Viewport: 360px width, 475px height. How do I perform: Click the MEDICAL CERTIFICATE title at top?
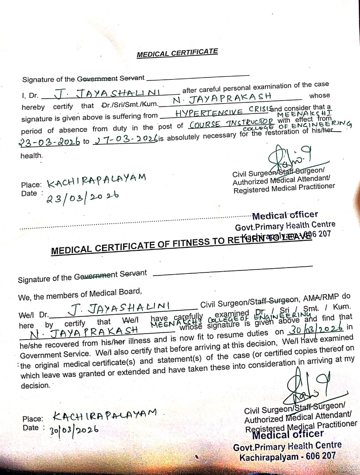[x=177, y=53]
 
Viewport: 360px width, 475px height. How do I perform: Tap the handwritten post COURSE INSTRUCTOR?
[x=232, y=124]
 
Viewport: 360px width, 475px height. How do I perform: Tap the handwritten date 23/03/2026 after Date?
[x=82, y=197]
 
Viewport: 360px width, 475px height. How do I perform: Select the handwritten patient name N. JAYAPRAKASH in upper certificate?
[x=222, y=98]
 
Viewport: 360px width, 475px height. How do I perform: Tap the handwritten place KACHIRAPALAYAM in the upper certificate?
[x=96, y=180]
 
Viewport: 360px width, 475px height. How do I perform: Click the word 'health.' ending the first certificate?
[x=32, y=156]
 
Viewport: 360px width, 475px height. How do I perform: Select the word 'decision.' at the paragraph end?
[x=35, y=386]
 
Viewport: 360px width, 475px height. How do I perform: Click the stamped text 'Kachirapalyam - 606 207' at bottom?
[x=287, y=456]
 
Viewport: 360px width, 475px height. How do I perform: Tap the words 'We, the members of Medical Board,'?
[x=80, y=295]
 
